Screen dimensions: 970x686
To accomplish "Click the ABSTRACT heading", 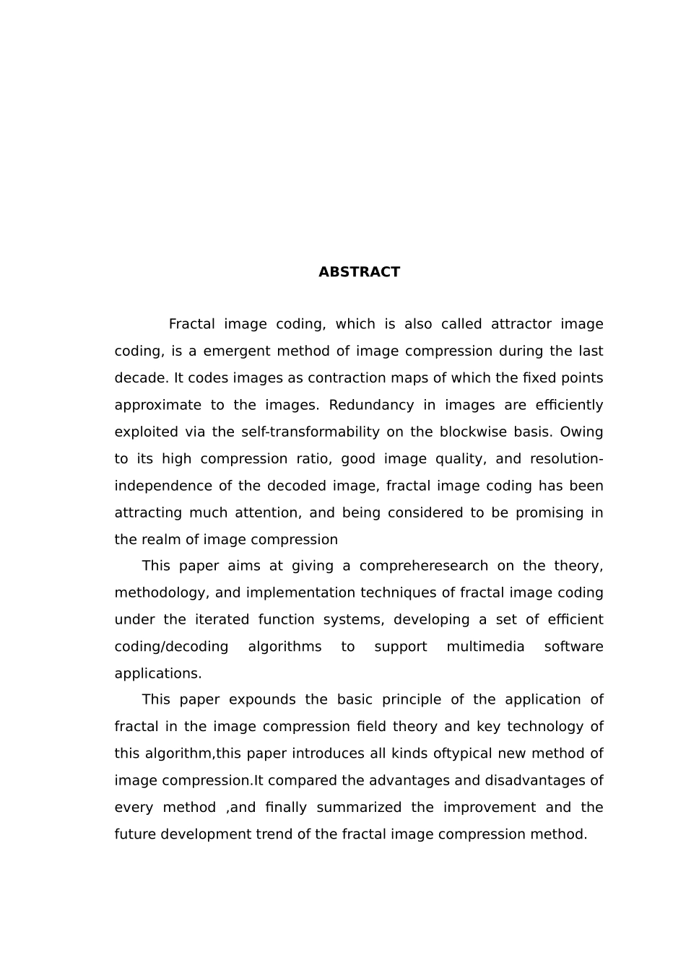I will point(359,272).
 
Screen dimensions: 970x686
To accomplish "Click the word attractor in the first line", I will point(521,324).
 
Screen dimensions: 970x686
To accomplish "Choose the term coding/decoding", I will point(171,647).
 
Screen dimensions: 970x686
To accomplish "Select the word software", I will point(573,647).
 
